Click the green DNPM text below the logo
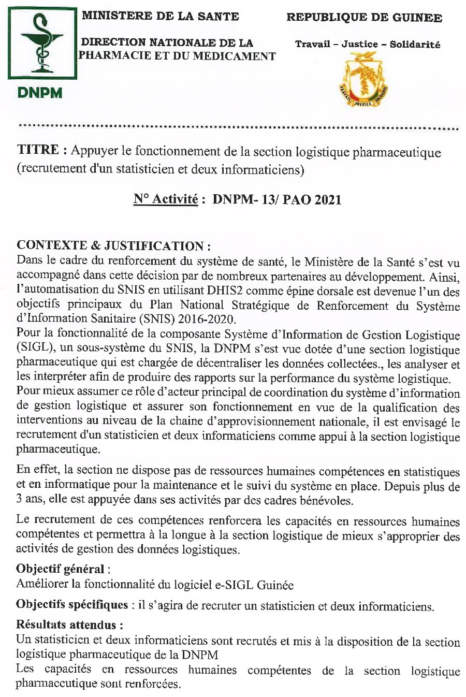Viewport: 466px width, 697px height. (40, 94)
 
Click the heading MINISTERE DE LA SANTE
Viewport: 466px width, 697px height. (160, 16)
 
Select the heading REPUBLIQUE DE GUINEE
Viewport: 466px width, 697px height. (364, 18)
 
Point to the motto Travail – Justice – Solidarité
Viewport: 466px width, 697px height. (368, 45)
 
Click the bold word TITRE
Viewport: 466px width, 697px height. (38, 151)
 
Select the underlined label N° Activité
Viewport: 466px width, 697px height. (166, 199)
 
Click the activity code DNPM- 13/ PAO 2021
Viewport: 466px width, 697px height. (276, 200)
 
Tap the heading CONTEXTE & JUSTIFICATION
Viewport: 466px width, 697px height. (113, 246)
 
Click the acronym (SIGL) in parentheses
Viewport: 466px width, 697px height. (33, 349)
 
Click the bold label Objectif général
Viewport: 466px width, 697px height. (60, 569)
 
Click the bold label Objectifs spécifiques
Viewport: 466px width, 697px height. (72, 605)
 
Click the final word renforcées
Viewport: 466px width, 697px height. (154, 685)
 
